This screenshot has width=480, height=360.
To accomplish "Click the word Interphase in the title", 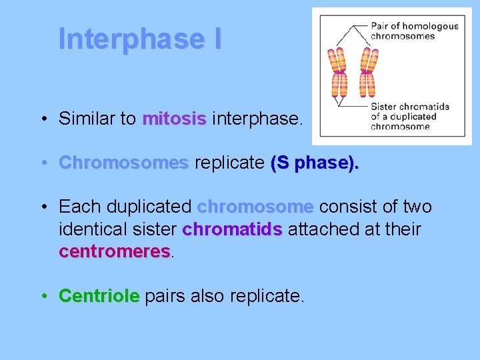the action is click(x=129, y=39).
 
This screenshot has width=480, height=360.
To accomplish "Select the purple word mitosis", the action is click(x=174, y=119).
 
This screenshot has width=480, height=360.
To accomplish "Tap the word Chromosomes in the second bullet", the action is click(x=123, y=163).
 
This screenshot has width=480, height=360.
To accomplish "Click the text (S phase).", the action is click(x=315, y=163).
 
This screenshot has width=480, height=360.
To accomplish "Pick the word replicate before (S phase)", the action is click(x=229, y=163).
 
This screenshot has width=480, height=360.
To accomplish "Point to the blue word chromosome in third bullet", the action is click(x=255, y=207).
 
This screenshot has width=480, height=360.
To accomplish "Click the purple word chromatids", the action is click(x=232, y=229).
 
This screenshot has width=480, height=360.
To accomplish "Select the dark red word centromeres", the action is click(x=115, y=251).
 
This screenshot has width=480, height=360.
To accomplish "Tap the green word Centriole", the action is click(x=99, y=295).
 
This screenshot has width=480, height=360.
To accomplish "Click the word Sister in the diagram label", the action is click(x=384, y=107).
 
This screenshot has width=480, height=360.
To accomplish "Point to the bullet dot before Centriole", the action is click(x=43, y=295).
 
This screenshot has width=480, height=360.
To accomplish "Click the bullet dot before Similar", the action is click(x=43, y=119).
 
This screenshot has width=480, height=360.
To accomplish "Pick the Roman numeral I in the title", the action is click(x=218, y=39).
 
